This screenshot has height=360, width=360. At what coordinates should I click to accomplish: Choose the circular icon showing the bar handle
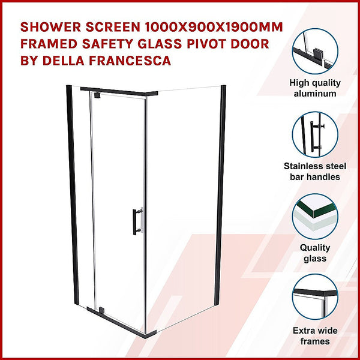click(x=316, y=136)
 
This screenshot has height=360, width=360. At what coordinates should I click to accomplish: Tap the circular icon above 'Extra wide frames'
click(x=316, y=297)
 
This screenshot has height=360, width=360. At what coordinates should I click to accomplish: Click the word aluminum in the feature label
click(x=316, y=94)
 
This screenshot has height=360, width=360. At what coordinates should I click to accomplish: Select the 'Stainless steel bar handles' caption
click(x=316, y=171)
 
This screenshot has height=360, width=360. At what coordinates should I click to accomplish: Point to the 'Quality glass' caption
click(x=316, y=253)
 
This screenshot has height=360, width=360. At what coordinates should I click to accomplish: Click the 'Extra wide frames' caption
click(x=316, y=335)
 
